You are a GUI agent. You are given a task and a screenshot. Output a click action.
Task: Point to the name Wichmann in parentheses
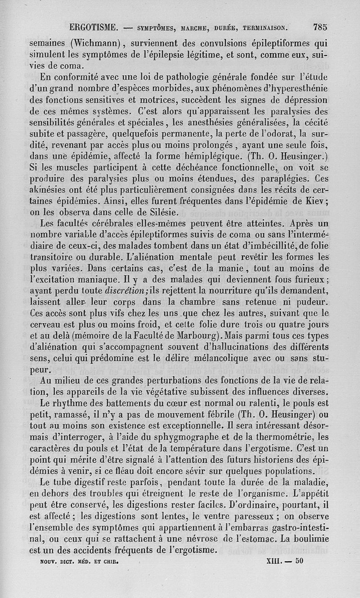[96, 44]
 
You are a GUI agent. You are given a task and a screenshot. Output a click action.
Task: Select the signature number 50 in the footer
[300, 562]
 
